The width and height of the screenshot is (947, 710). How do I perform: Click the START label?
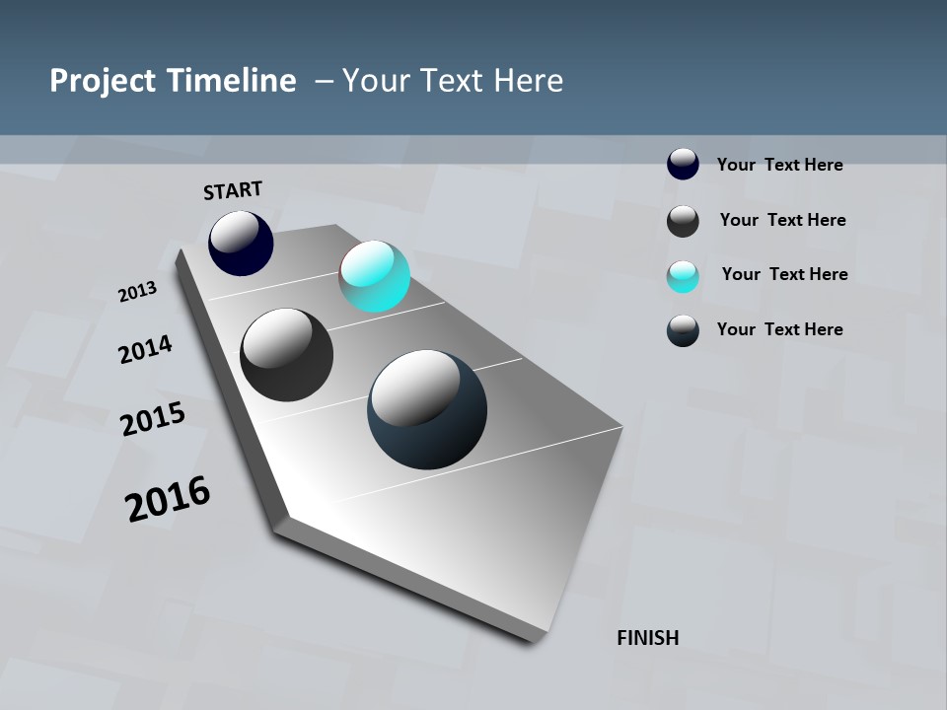click(233, 190)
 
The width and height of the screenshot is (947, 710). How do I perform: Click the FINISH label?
click(647, 638)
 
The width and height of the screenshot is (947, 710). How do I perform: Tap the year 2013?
click(137, 292)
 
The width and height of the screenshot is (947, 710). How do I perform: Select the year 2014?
click(145, 349)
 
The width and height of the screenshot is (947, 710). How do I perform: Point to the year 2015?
click(153, 419)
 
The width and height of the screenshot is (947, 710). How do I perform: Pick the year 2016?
click(168, 499)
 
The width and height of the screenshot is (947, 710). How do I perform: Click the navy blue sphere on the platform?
click(241, 244)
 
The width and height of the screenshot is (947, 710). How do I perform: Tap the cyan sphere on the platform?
click(374, 276)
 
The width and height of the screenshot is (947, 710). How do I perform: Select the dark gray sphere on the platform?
click(286, 355)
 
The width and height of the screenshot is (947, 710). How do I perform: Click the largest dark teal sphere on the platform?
click(427, 409)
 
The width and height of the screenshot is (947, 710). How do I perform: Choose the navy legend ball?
click(683, 164)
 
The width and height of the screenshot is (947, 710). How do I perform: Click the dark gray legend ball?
click(683, 221)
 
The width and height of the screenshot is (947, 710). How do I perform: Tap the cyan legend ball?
click(683, 276)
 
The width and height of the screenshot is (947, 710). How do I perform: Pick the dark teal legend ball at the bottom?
click(683, 330)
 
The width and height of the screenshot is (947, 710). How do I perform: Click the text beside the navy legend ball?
click(779, 165)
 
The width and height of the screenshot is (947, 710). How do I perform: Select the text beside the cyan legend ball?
click(784, 274)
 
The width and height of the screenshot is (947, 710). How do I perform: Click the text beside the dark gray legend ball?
click(782, 220)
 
